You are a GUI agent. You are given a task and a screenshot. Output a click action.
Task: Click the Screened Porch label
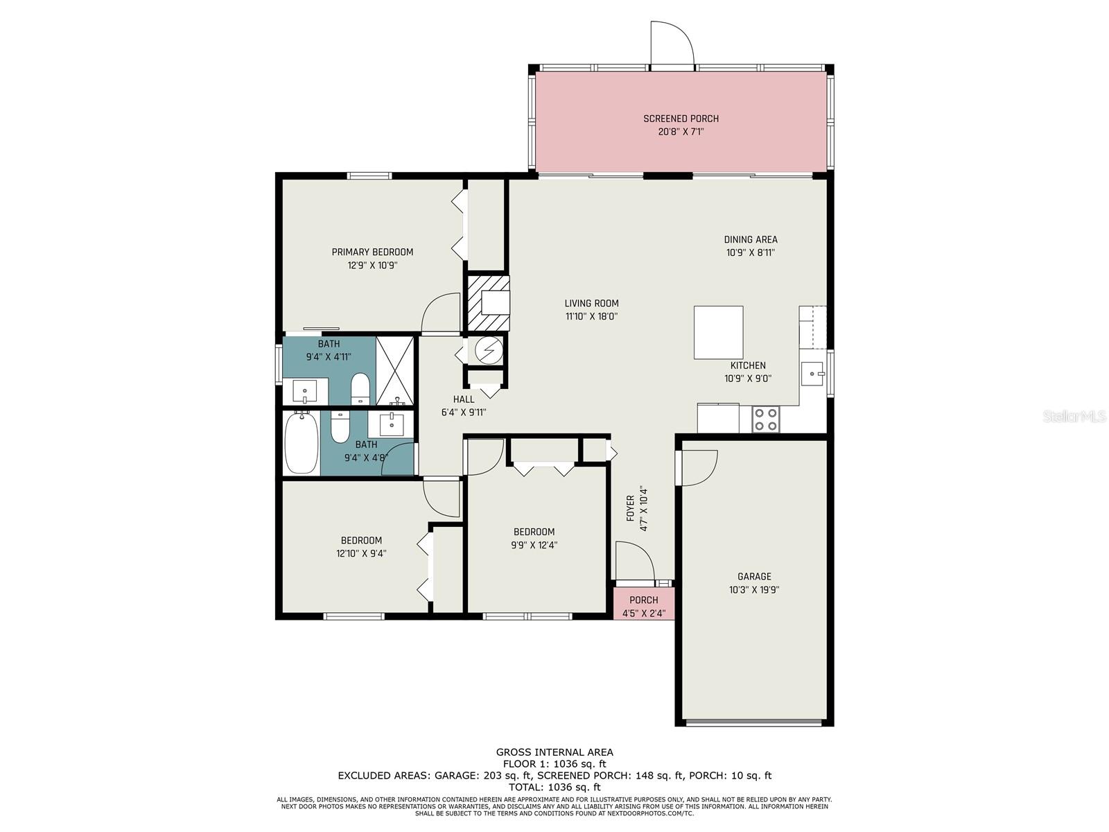pos(681,119)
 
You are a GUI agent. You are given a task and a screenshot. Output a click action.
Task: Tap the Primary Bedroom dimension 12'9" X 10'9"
pos(372,266)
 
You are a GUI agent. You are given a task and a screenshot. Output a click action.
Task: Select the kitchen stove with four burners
pos(766,419)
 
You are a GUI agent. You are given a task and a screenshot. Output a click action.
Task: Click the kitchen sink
pos(812,374)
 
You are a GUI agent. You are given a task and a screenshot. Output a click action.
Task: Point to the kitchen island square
pos(719,332)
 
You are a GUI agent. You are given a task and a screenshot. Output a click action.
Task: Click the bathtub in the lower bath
pos(302,442)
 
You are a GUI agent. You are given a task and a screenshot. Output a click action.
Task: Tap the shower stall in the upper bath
pos(395,372)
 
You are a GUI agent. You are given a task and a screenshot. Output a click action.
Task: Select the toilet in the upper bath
pos(360,388)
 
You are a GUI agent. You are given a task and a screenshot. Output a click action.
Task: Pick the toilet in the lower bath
pos(340,426)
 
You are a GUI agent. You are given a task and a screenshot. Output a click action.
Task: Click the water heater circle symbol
pos(489,349)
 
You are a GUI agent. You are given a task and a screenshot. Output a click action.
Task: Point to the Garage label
pos(754,576)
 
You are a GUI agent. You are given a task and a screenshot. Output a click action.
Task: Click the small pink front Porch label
pos(644,600)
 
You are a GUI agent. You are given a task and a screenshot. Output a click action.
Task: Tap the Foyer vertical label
pos(631,508)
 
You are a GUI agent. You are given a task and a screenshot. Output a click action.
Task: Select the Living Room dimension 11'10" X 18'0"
pos(592,317)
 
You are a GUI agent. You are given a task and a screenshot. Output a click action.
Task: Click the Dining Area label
pos(751,239)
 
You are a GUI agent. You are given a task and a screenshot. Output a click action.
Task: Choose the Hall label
pos(463,399)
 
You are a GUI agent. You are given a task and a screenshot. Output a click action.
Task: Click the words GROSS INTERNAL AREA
pos(554,752)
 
